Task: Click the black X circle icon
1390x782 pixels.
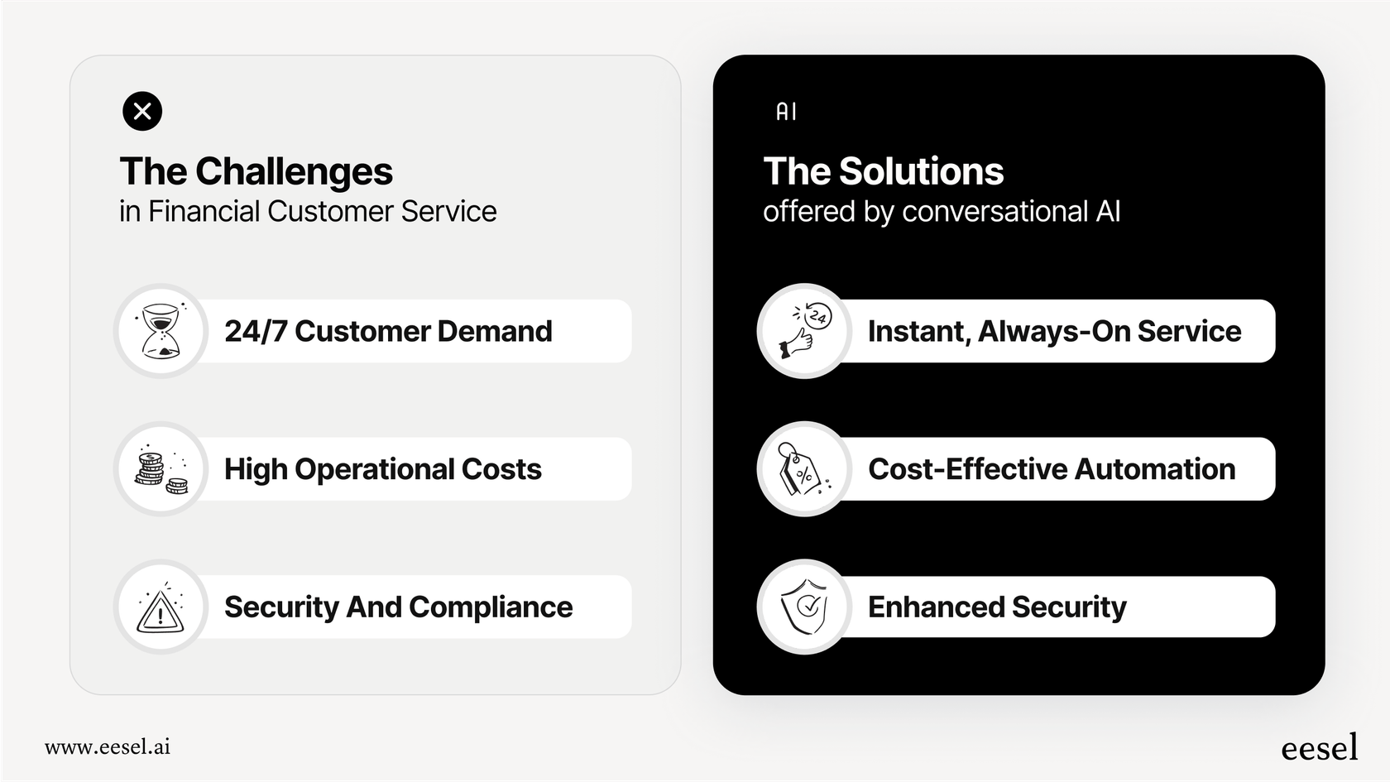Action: (142, 111)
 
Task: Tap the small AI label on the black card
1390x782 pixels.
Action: (786, 112)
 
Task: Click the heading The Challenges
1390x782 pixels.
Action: (256, 171)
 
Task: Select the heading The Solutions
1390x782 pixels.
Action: (883, 171)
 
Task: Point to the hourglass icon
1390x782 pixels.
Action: (161, 331)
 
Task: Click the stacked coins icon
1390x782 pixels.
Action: (161, 469)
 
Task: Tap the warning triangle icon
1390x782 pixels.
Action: (161, 609)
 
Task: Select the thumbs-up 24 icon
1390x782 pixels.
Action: (804, 331)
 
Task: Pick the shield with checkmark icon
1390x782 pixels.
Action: (804, 607)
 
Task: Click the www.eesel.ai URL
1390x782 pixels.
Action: (108, 747)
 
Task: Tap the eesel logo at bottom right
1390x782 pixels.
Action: (1319, 748)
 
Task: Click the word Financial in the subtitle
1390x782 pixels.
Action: (204, 212)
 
